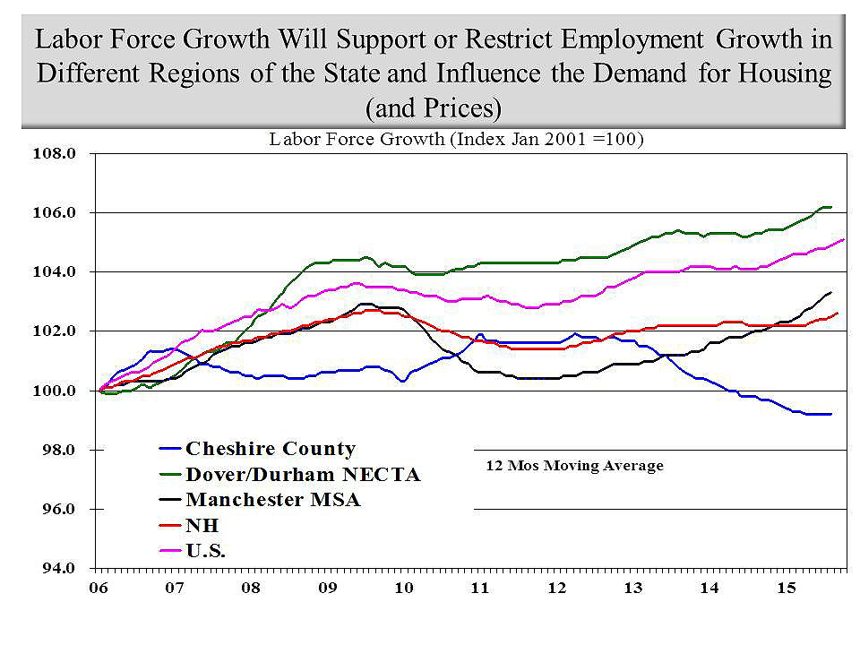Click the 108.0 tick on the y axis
point(56,153)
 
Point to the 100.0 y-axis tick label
point(56,391)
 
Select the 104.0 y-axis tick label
point(56,271)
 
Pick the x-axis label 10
point(403,589)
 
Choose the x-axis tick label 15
point(786,589)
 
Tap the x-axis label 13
point(633,589)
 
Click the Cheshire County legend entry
point(270,449)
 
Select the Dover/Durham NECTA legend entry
point(302,475)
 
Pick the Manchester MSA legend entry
point(272,500)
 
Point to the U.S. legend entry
point(205,551)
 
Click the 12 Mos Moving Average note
point(574,466)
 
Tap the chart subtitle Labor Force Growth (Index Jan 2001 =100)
point(457,140)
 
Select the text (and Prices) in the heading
point(433,107)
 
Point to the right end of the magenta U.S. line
point(844,239)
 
